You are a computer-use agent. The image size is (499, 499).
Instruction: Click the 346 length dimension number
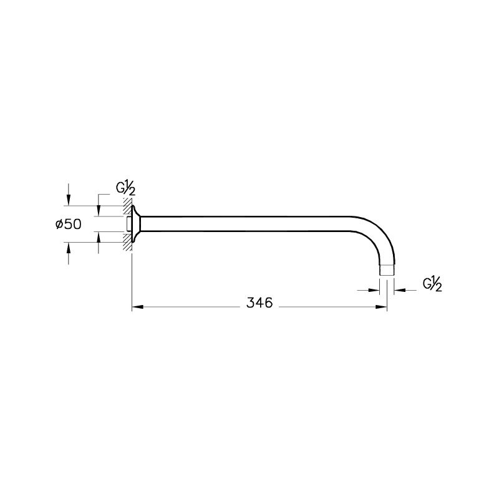(x=259, y=303)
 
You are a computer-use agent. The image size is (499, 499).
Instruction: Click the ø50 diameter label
(x=69, y=225)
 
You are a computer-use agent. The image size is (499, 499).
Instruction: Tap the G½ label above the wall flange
(x=126, y=190)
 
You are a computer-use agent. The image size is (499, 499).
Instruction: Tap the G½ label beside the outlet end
(x=432, y=284)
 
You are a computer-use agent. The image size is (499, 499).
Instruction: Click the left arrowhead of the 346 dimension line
(x=137, y=307)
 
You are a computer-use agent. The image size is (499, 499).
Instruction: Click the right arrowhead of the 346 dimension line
(x=381, y=307)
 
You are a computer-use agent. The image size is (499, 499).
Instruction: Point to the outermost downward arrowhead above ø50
(x=68, y=200)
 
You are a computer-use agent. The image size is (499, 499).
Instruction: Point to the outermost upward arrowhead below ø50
(x=68, y=247)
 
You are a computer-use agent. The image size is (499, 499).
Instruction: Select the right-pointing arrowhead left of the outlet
(x=374, y=290)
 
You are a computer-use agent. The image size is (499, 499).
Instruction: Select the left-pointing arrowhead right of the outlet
(x=399, y=290)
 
